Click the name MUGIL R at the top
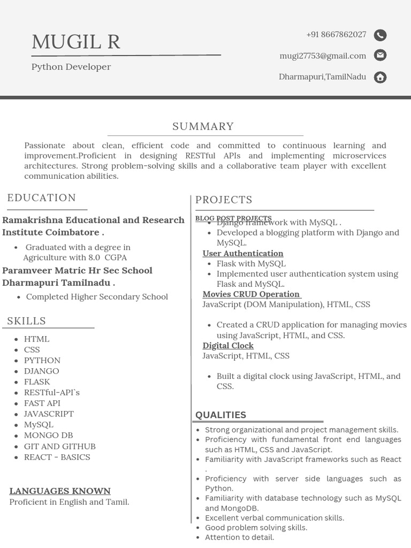point(76,42)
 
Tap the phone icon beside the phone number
point(380,35)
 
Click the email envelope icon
point(380,55)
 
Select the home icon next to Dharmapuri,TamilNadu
point(380,77)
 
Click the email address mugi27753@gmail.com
point(323,56)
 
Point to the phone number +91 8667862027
point(336,35)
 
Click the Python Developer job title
point(71,67)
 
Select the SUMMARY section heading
point(203,126)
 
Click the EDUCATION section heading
point(42,198)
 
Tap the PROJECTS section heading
point(224,200)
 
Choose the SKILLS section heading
point(27,321)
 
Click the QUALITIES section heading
point(220,415)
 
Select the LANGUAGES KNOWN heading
point(60,491)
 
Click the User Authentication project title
point(243,253)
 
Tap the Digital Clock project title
point(228,346)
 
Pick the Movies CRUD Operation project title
point(252,294)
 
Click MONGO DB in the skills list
point(48,435)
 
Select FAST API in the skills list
point(42,403)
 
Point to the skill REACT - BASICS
point(57,457)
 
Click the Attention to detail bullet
point(239,537)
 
